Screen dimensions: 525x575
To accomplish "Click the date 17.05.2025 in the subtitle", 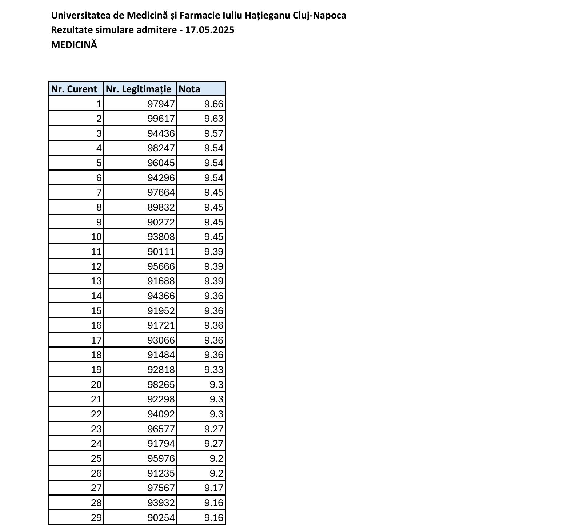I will pos(209,30).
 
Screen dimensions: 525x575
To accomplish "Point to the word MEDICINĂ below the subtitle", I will pos(74,45).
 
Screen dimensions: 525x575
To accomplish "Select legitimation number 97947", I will pos(161,104).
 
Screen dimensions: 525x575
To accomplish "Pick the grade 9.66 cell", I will pos(213,104).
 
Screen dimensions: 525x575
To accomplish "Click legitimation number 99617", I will pos(161,119).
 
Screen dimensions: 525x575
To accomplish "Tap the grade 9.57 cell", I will pos(213,134).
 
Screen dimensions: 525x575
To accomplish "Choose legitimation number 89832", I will pos(161,207).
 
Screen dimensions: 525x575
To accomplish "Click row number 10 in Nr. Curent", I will pos(96,237).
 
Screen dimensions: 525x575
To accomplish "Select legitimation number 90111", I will pos(161,252).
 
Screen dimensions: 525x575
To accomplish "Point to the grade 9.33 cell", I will pos(213,370).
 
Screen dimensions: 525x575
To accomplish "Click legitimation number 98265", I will pos(161,385).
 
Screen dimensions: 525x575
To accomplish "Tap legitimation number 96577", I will pos(161,429).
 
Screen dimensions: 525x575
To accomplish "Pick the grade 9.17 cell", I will pos(213,488).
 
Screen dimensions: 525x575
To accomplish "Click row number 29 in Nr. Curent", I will pos(96,518).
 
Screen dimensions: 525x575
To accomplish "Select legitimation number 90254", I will pos(161,518).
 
